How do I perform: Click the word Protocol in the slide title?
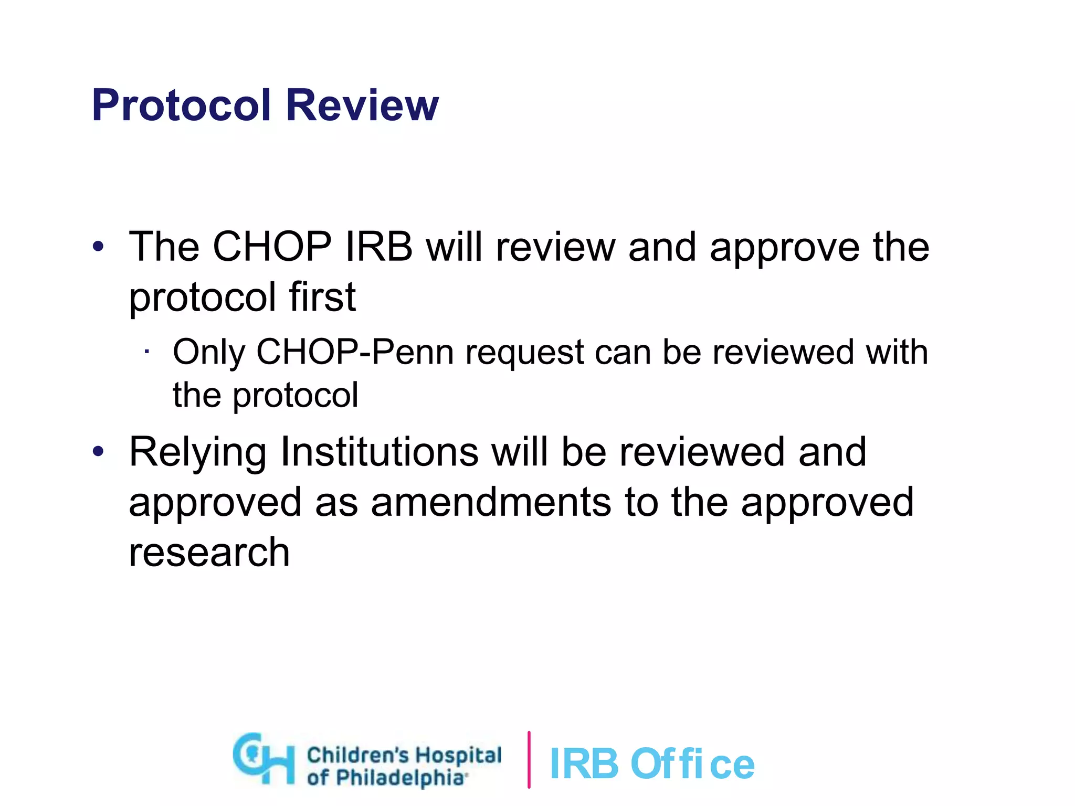182,105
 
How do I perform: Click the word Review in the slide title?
362,105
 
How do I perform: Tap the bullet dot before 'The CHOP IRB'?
98,246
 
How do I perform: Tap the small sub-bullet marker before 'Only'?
147,352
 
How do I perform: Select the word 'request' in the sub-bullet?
524,353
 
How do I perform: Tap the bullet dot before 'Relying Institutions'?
98,451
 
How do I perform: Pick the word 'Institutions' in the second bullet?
379,451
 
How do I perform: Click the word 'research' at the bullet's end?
209,553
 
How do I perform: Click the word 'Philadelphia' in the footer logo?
400,778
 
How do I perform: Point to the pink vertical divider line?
529,759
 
